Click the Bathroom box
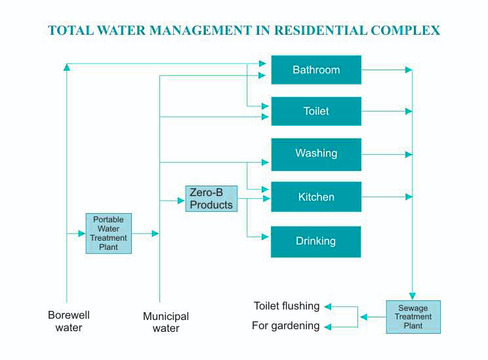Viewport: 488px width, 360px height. pos(316,70)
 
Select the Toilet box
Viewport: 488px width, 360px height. pos(316,111)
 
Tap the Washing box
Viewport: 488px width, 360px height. pos(316,153)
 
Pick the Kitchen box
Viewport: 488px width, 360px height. pos(316,197)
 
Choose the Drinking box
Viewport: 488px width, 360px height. pos(316,241)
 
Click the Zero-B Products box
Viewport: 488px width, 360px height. pos(211,199)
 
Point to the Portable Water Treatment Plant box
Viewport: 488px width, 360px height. pos(108,233)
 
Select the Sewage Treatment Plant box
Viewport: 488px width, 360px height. pos(413,317)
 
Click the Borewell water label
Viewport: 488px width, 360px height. pos(68,321)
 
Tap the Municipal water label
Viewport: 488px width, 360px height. pos(166,322)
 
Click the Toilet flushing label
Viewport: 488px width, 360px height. pos(287,306)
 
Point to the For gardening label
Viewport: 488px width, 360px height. pos(286,326)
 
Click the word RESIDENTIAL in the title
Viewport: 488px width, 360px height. pos(320,31)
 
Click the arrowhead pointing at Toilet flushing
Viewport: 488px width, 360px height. pos(328,306)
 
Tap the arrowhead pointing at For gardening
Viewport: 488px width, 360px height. pos(328,326)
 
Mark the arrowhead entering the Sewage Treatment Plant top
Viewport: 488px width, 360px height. pos(412,296)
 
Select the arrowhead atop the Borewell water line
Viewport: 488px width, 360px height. pos(67,66)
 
